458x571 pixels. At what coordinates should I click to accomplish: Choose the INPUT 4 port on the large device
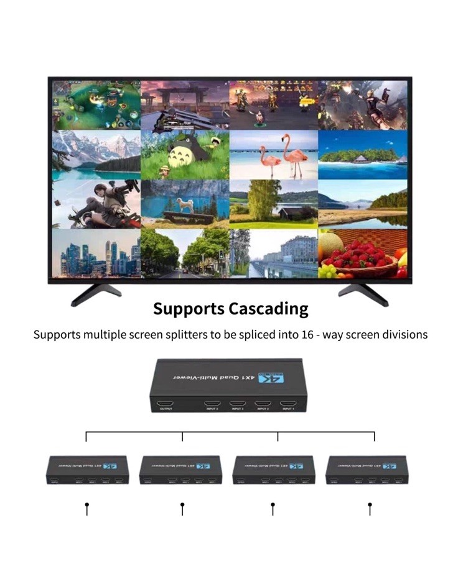tap(212, 404)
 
